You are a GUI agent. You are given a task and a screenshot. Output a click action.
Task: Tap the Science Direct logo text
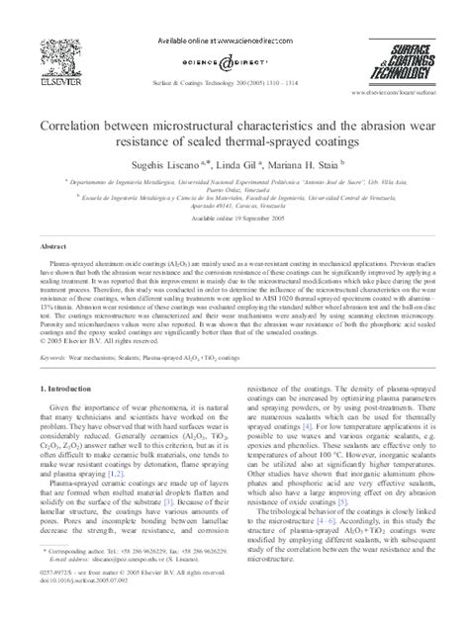coord(234,61)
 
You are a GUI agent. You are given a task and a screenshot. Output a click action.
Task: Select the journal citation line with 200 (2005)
coord(234,76)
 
